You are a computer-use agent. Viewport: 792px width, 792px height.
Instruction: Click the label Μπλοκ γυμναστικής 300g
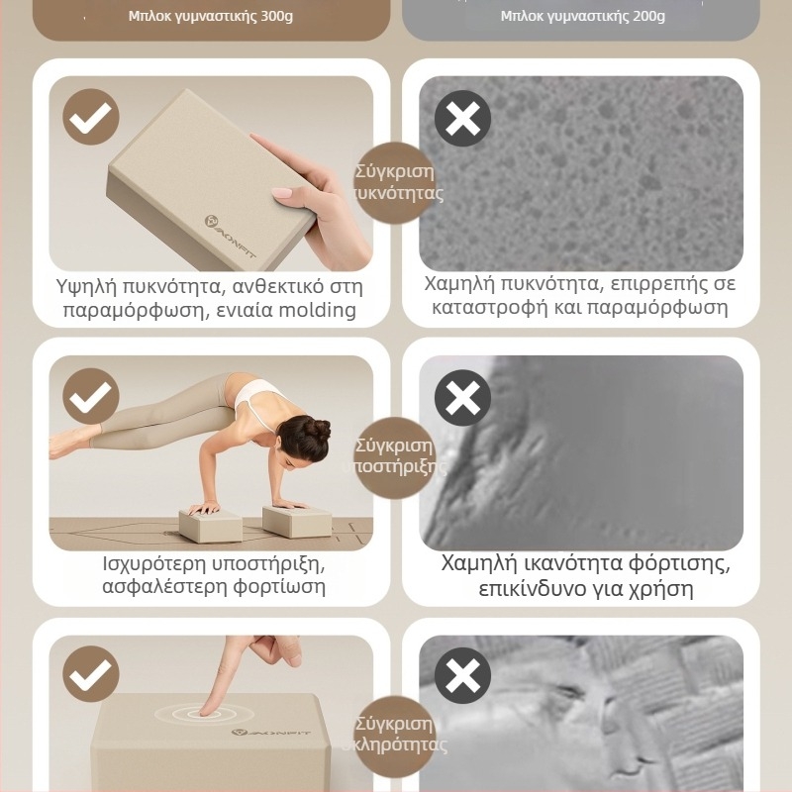coord(211,16)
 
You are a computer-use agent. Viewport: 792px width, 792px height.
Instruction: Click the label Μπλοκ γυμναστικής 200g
coord(583,16)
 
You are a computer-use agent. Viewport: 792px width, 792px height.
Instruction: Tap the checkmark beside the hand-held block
coord(91,117)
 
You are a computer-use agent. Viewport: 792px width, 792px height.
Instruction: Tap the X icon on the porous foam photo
coord(462,119)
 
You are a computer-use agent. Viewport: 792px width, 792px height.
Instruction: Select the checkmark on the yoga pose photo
coord(91,396)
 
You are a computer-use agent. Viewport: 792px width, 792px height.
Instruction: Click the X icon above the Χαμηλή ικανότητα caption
coord(462,398)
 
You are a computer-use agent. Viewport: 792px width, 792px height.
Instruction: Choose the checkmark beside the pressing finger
coord(91,674)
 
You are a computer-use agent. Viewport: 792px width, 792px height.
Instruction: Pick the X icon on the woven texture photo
coord(462,676)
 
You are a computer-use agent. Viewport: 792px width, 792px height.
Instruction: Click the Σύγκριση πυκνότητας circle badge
coord(395,182)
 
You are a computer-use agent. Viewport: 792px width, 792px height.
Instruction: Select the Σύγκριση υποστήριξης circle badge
coord(395,457)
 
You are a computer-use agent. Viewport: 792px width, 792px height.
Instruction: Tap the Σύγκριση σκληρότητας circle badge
coord(395,736)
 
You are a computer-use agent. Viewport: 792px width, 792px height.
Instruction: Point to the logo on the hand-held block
coord(230,237)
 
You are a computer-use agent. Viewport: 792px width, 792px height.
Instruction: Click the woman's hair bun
coord(318,429)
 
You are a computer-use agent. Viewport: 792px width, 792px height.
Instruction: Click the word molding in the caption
coord(318,310)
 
